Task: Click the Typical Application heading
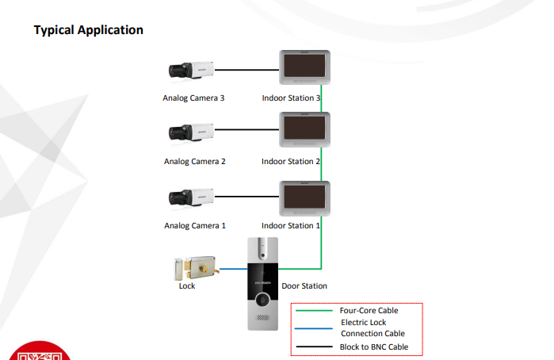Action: coord(88,30)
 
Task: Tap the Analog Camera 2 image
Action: coord(191,132)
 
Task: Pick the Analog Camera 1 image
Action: coord(191,196)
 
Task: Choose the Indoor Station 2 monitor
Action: coord(303,129)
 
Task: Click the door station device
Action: coord(262,283)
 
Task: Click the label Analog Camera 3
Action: coord(194,99)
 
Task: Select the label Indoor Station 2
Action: coord(291,162)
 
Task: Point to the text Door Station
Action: coord(304,286)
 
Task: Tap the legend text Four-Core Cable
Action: coord(369,311)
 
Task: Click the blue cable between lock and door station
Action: coord(233,270)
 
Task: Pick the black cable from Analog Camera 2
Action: coord(246,129)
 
